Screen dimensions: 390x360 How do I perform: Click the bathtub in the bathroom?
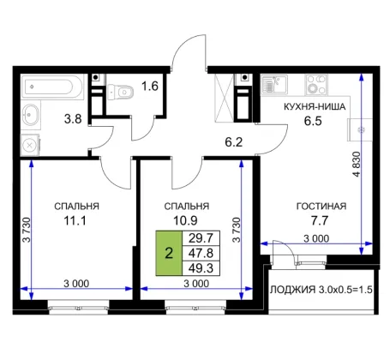(x=52, y=87)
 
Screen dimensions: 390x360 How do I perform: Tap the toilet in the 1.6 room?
(x=121, y=92)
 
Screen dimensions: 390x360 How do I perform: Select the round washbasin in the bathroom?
(x=30, y=115)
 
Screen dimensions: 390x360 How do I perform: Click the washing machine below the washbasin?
(x=30, y=146)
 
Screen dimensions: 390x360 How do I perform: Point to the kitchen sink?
(x=273, y=85)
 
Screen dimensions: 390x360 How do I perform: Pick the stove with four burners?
(x=316, y=85)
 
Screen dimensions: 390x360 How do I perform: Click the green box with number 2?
(x=169, y=253)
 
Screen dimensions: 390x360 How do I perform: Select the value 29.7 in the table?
(x=201, y=237)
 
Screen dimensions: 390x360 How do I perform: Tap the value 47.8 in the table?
(x=201, y=253)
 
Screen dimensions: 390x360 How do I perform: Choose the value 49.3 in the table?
(x=201, y=268)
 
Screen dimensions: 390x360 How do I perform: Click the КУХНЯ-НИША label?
(x=315, y=107)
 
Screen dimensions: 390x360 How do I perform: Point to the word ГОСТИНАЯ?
(x=321, y=206)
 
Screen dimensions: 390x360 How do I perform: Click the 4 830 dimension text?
(x=357, y=164)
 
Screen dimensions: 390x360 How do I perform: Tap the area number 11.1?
(x=75, y=221)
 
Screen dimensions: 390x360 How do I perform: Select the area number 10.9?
(x=185, y=221)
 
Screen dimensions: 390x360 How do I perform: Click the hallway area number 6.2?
(x=234, y=142)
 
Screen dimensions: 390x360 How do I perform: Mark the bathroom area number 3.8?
(x=73, y=119)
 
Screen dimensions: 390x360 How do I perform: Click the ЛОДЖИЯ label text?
(x=292, y=290)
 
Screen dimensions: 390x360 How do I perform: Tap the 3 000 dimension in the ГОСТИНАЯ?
(x=316, y=238)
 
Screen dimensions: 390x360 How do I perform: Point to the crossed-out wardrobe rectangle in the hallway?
(x=225, y=98)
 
